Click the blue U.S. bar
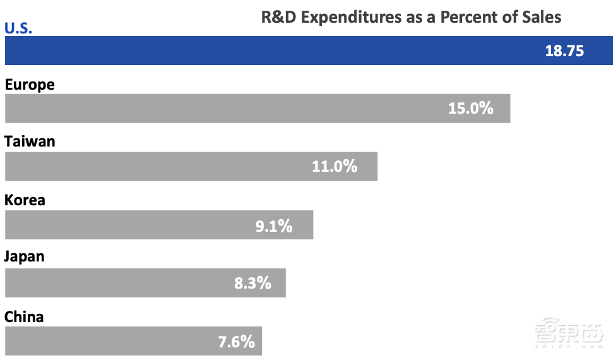tap(271, 51)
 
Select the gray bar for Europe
tap(227, 108)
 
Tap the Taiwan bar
tap(158, 166)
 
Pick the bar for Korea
tap(126, 225)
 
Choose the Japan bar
tap(114, 282)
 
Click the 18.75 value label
tap(564, 51)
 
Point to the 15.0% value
tap(470, 108)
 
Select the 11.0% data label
tap(335, 167)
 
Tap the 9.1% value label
tap(274, 225)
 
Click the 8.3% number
tap(252, 283)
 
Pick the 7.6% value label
tap(237, 342)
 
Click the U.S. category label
tap(18, 28)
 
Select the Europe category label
tap(30, 85)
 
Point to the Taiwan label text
tap(30, 141)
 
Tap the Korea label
tap(25, 200)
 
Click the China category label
tap(24, 316)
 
